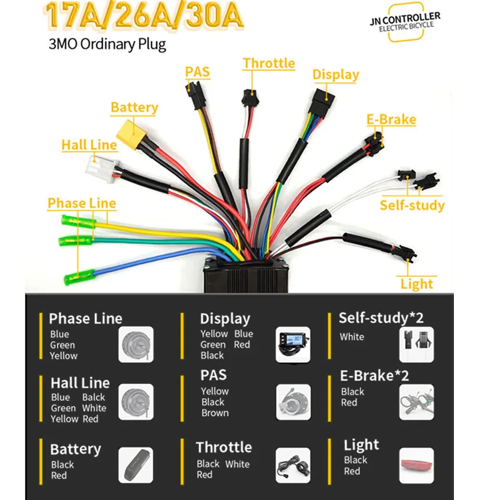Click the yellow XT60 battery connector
131,134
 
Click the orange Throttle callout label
269,63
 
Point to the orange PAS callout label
197,72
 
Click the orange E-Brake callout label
391,119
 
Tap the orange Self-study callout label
412,205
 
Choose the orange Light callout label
417,283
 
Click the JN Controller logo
406,22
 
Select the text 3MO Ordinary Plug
107,44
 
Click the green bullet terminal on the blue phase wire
79,277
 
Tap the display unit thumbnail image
293,344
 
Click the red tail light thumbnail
417,465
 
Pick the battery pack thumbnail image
136,465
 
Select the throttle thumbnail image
293,465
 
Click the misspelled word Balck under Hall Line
93,397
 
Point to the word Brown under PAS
215,413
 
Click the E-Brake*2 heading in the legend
374,376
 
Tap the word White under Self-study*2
352,337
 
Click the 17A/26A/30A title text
144,16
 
